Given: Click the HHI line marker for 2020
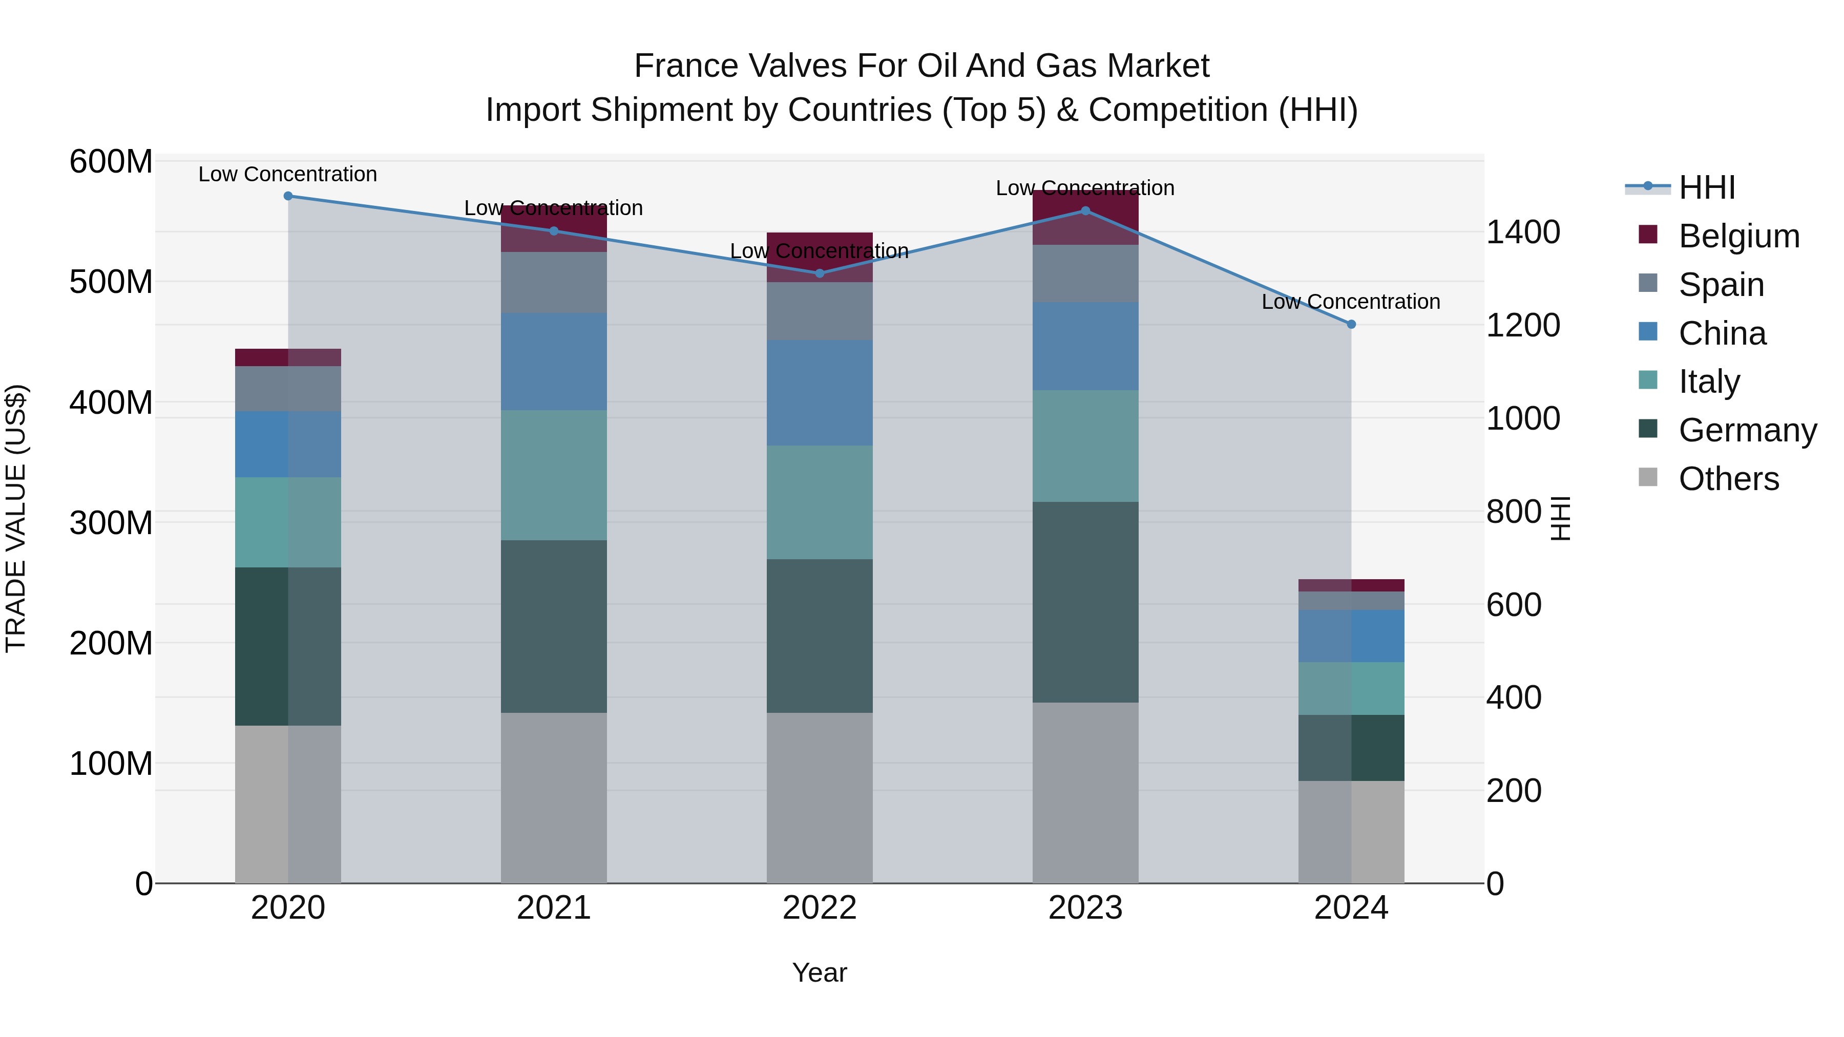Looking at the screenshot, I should tap(288, 196).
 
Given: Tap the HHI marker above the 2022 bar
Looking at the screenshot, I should tap(820, 273).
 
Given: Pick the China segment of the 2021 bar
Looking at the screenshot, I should tap(553, 362).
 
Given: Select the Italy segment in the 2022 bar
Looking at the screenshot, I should tap(820, 502).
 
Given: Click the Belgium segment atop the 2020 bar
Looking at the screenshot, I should tap(288, 357).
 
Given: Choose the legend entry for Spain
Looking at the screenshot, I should tap(1721, 285).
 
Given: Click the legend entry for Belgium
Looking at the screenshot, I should tap(1738, 236).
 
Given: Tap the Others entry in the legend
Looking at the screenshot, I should tap(1728, 479).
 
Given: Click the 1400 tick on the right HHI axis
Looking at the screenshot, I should tap(1523, 232).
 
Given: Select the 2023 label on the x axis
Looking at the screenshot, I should tap(1085, 908).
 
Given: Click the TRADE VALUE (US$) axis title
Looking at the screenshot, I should tap(16, 518).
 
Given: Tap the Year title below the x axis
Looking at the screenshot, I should tap(820, 972).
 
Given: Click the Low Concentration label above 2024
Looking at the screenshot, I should tap(1351, 302).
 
